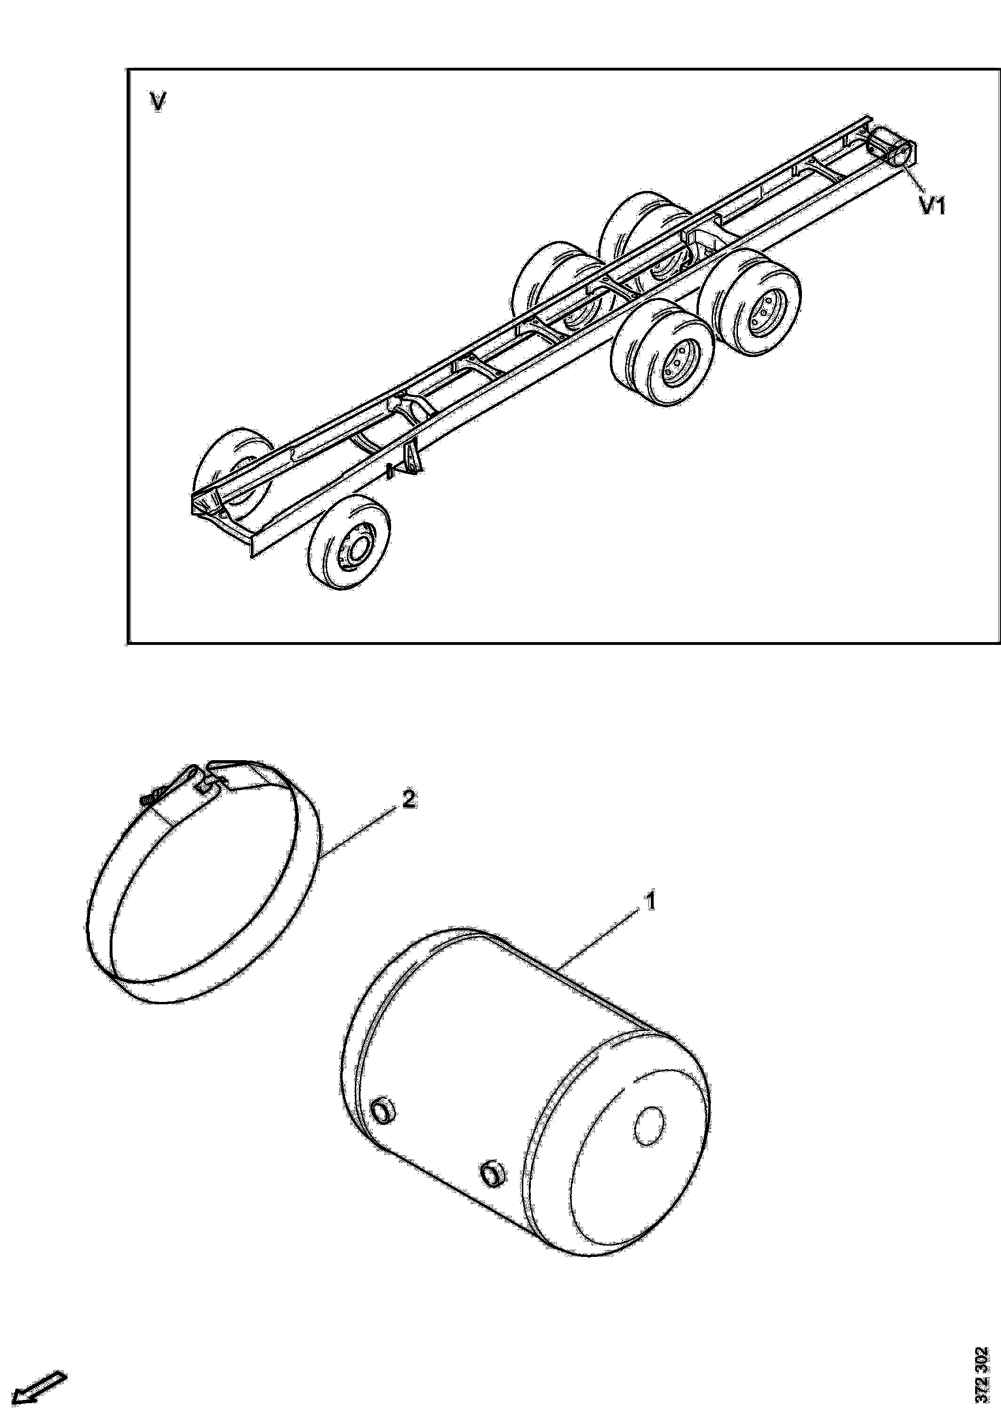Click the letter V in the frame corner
point(158,102)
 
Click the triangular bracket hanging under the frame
point(411,459)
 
